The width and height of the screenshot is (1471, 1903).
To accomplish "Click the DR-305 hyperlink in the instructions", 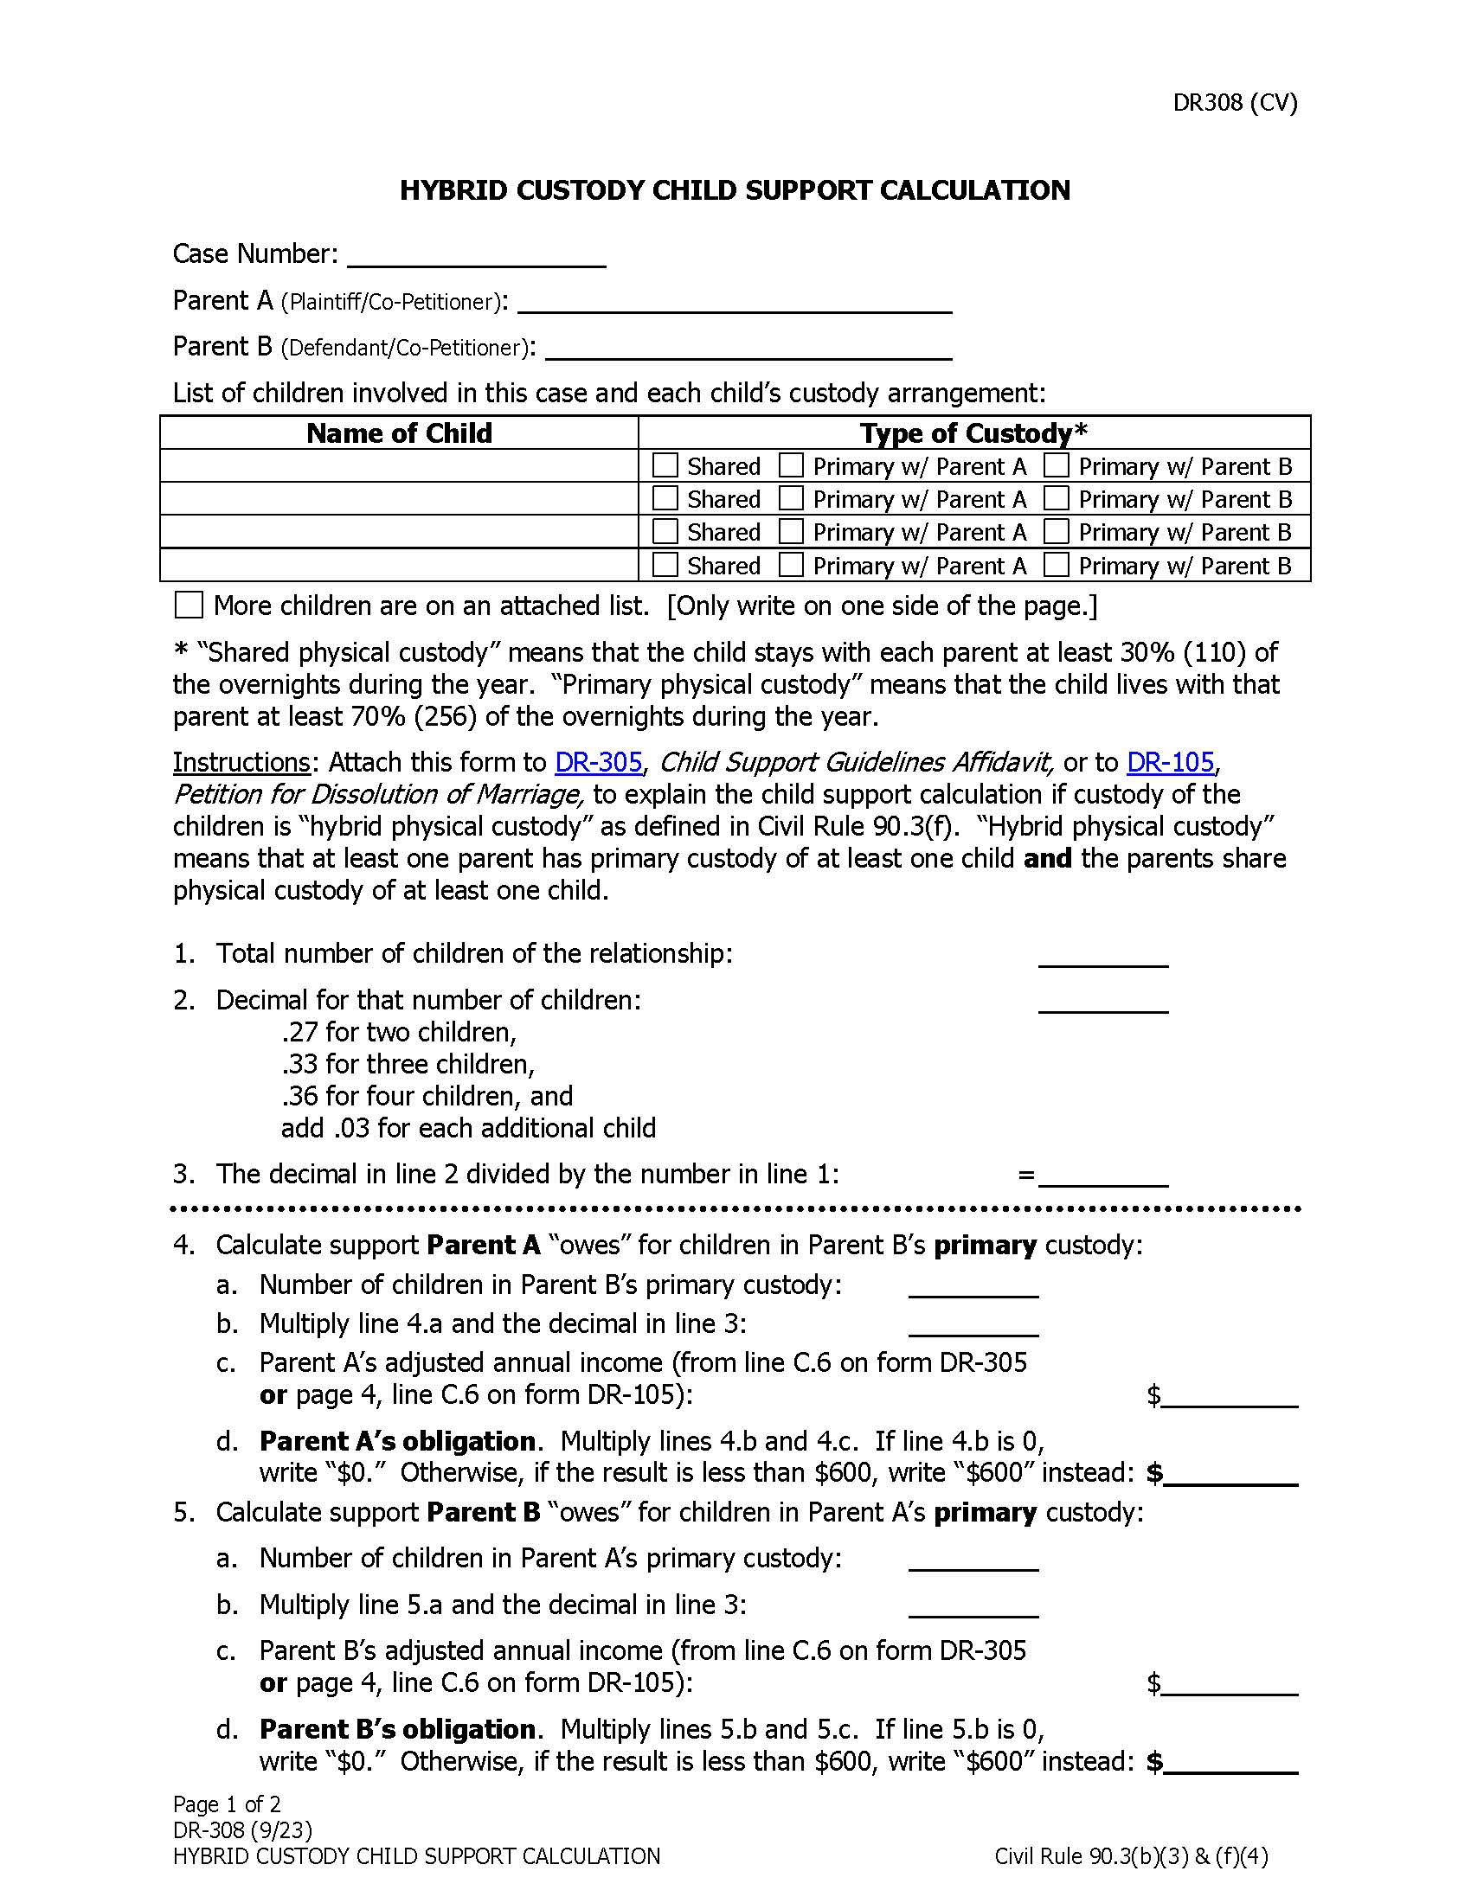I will click(x=598, y=762).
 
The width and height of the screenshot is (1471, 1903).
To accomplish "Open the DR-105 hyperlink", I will click(x=1170, y=762).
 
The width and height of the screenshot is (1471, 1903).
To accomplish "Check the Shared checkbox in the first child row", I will click(x=665, y=465).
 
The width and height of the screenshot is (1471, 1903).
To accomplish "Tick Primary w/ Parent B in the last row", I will click(x=1057, y=565).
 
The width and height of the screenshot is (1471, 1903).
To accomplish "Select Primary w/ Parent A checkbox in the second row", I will click(x=790, y=498).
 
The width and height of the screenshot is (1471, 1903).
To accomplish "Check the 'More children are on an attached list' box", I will click(x=189, y=605).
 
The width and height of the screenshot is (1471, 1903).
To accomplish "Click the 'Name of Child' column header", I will click(x=399, y=433).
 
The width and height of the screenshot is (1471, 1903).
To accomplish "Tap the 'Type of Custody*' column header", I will click(x=973, y=433).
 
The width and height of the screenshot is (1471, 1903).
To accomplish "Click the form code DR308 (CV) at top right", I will click(x=1234, y=103).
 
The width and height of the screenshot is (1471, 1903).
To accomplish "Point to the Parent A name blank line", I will click(x=734, y=305).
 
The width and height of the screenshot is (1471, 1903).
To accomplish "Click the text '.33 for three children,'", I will click(x=407, y=1064).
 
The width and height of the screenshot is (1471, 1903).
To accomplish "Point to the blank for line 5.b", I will click(x=973, y=1609).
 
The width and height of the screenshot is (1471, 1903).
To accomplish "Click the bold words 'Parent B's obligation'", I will click(x=397, y=1729).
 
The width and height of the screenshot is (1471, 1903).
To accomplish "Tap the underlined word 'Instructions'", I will click(x=241, y=762).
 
